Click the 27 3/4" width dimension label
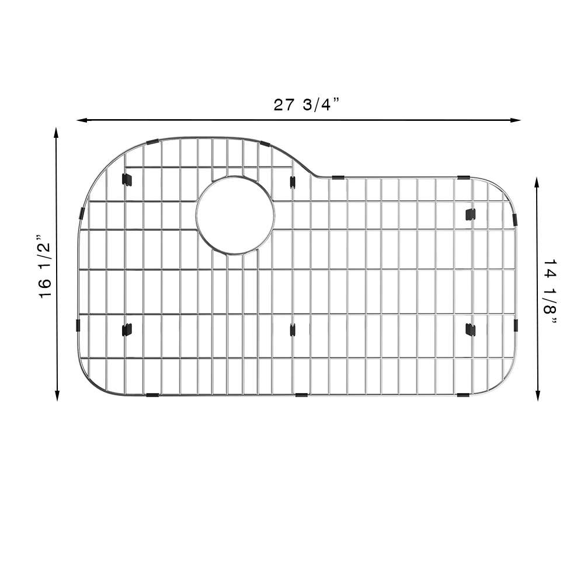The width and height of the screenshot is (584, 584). [x=307, y=105]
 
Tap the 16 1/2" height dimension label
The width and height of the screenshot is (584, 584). [x=45, y=266]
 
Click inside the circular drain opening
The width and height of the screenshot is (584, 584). [x=235, y=215]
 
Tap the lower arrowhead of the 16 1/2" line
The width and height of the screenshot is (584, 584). [x=57, y=395]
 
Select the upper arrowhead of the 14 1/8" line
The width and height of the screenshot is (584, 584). [x=537, y=182]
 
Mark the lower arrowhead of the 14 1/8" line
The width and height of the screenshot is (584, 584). [x=537, y=395]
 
